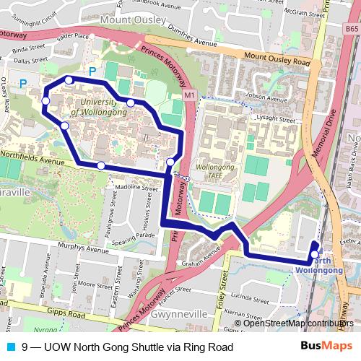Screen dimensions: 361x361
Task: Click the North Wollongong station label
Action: pos(318,265)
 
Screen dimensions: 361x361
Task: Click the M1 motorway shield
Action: pos(189,95)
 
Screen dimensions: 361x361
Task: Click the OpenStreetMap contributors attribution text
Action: pos(299,323)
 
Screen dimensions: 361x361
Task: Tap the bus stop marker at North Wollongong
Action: pos(315,253)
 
